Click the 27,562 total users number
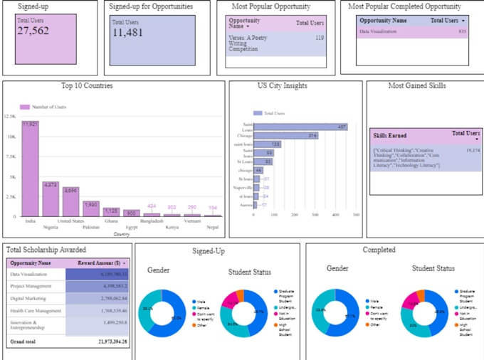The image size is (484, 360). click(33, 31)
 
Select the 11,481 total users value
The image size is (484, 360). click(128, 33)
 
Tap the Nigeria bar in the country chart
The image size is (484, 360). click(51, 199)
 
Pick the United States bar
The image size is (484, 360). click(70, 201)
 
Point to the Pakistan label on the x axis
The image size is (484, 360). click(91, 227)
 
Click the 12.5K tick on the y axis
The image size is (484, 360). click(10, 116)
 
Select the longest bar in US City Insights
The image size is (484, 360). click(301, 127)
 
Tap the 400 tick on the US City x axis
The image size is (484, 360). click(335, 214)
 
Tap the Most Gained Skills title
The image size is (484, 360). click(417, 86)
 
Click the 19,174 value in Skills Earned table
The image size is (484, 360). click(472, 151)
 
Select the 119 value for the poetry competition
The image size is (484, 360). click(319, 37)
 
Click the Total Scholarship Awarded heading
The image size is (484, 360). click(46, 250)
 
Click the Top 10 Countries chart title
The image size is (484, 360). click(89, 86)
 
